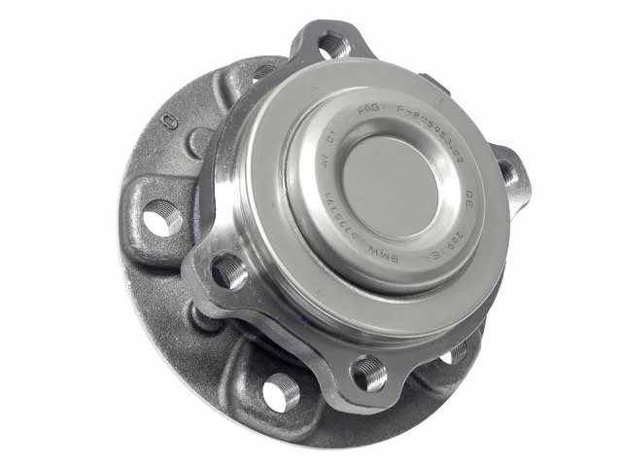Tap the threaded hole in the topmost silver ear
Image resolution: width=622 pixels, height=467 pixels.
click(333, 45)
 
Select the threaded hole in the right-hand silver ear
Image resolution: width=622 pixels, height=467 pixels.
click(508, 173)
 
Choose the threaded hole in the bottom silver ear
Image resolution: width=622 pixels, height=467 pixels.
click(370, 373)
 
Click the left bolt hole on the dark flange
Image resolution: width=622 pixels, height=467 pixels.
click(162, 218)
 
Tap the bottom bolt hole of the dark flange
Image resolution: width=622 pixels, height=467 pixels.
click(282, 392)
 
